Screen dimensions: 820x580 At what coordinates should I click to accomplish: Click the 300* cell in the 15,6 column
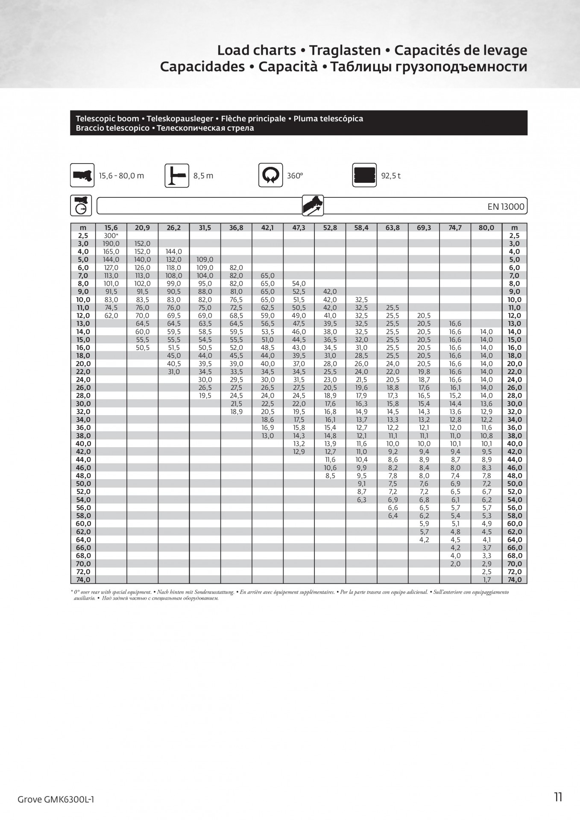tap(111, 236)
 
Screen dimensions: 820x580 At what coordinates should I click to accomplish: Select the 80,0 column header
tap(486, 228)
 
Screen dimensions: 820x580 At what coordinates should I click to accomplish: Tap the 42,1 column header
tap(267, 228)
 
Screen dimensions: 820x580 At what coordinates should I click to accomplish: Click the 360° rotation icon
tap(270, 175)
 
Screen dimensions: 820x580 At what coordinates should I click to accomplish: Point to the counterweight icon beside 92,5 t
tap(364, 175)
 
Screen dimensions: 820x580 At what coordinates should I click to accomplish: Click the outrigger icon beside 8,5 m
tap(177, 176)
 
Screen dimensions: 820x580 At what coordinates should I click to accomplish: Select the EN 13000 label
tap(506, 207)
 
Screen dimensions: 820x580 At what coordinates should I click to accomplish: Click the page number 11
tap(558, 797)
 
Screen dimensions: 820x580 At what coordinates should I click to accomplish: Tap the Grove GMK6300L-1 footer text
tap(56, 799)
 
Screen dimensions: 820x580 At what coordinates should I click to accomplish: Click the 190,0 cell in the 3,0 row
tap(111, 244)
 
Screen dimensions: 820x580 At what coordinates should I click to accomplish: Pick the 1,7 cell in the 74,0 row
tap(486, 580)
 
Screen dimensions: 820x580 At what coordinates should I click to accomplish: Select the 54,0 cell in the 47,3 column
tap(299, 284)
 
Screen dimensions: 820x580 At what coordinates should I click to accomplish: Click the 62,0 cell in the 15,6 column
tap(111, 316)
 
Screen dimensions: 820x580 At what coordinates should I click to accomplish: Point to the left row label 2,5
tap(83, 236)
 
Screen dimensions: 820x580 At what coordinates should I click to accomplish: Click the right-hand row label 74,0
tap(515, 580)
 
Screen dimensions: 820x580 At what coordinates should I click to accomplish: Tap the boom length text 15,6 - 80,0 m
tap(121, 176)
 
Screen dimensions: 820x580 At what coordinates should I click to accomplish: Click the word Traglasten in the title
tap(345, 50)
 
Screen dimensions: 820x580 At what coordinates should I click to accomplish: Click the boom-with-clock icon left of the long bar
tap(81, 205)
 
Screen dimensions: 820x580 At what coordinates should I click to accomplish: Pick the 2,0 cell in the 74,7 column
tap(455, 564)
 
